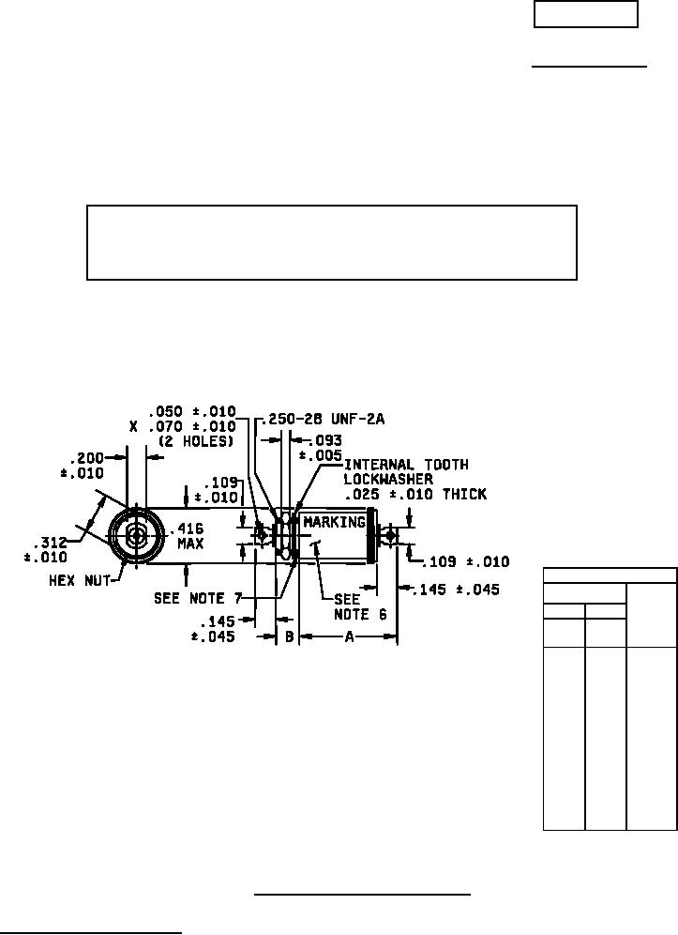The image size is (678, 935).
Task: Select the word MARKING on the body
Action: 334,522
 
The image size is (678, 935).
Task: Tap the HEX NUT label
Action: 82,581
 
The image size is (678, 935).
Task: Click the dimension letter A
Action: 349,636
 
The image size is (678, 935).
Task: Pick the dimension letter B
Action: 289,636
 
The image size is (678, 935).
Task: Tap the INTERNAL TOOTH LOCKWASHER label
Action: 405,471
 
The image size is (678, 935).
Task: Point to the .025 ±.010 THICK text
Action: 415,494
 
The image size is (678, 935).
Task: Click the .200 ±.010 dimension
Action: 83,465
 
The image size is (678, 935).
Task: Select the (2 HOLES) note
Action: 196,441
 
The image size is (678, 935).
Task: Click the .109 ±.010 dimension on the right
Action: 464,562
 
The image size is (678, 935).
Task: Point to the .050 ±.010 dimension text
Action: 192,412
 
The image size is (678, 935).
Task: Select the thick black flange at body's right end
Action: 371,536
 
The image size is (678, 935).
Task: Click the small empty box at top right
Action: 586,15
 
